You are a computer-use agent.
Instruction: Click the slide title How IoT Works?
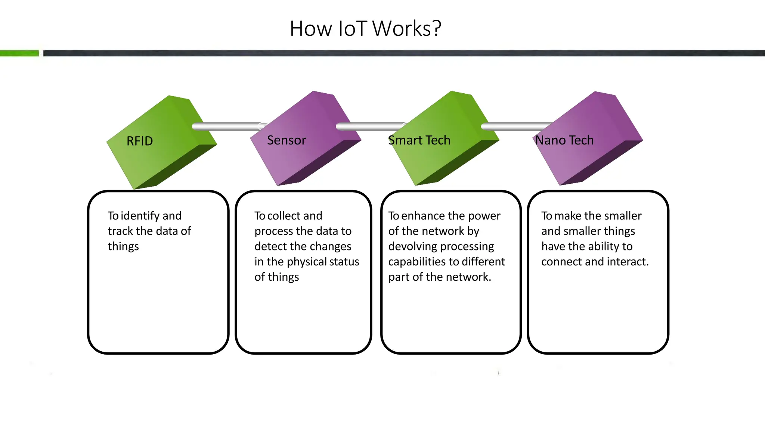[365, 29]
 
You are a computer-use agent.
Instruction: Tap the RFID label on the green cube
[140, 141]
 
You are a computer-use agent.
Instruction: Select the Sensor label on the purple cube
[287, 140]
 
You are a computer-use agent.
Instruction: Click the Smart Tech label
[419, 140]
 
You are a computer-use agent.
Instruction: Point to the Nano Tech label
[564, 140]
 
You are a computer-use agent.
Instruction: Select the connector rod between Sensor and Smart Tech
[370, 127]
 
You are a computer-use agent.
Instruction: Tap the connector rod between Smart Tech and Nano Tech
[515, 127]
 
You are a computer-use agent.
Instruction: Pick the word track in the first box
[120, 231]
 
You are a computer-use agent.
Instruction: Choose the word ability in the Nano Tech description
[603, 246]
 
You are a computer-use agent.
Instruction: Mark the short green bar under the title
[19, 53]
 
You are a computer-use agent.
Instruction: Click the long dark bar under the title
[403, 53]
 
